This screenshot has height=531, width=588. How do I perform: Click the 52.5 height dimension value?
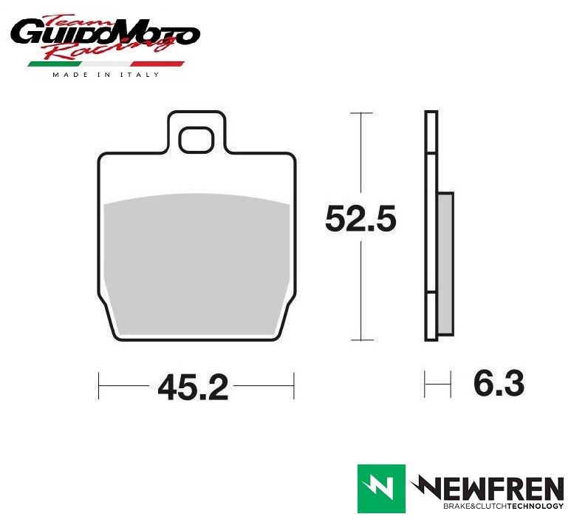[x=360, y=218]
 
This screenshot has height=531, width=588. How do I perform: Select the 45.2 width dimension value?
[x=193, y=387]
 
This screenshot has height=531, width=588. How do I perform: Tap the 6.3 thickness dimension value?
[x=499, y=383]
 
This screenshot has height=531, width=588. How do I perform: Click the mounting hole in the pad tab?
[x=196, y=140]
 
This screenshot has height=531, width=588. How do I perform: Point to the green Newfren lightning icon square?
[x=381, y=489]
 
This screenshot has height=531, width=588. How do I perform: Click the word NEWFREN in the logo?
[x=488, y=487]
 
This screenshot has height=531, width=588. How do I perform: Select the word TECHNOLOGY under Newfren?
[x=536, y=506]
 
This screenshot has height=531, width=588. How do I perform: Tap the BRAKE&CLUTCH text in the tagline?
[x=475, y=506]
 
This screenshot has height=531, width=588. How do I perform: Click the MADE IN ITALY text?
[x=106, y=75]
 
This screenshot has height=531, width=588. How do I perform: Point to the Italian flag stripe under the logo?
[x=106, y=64]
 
